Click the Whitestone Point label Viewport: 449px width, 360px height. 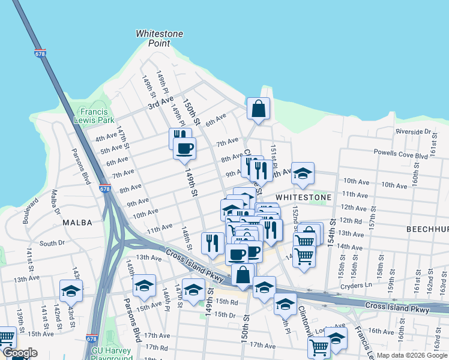point(159,38)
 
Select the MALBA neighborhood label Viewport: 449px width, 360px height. point(77,223)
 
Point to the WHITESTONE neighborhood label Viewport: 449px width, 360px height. point(303,197)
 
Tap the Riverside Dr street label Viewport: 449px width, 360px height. point(413,131)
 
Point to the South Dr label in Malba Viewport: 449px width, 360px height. point(52,243)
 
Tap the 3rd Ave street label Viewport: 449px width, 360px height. point(160,103)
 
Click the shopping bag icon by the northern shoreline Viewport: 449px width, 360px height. point(258,109)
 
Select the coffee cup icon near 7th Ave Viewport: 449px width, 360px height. point(184,148)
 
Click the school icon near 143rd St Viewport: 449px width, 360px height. point(71,291)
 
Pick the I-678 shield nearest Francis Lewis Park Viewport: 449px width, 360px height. point(105,188)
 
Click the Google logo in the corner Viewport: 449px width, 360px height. point(19,353)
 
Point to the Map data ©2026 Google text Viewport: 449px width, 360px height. point(411,355)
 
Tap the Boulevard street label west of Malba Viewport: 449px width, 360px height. point(28,214)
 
